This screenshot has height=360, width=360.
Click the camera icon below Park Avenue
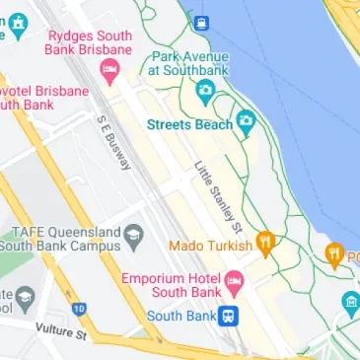(205, 93)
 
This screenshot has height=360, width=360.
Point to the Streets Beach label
(189, 124)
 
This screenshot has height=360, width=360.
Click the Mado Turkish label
(211, 244)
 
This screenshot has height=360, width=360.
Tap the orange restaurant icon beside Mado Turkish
(264, 242)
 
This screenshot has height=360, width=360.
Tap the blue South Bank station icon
(228, 316)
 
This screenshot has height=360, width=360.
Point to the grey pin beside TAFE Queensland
(134, 236)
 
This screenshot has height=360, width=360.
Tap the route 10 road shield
(79, 310)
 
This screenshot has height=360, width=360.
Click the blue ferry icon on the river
(200, 22)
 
